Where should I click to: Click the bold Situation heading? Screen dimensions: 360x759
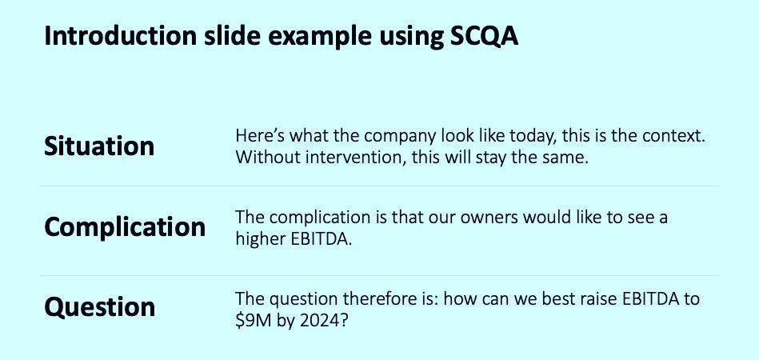click(x=99, y=146)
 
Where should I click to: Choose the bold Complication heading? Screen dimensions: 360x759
click(x=125, y=227)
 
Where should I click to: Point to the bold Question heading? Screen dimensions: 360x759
click(x=100, y=307)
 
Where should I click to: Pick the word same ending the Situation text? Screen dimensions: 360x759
click(x=564, y=158)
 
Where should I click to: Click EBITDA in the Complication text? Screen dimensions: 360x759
click(x=323, y=238)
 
